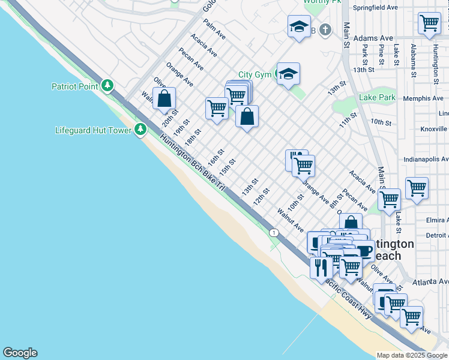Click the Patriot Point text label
click(74, 86)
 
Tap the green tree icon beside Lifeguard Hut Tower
click(140, 129)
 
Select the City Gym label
click(255, 74)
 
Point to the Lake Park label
click(377, 97)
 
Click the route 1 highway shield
click(274, 232)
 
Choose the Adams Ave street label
click(373, 38)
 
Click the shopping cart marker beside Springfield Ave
click(429, 23)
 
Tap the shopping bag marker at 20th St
click(164, 98)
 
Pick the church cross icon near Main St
click(325, 29)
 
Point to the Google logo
click(20, 353)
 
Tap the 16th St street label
click(215, 158)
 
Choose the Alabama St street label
click(413, 61)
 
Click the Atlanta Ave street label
click(430, 281)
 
